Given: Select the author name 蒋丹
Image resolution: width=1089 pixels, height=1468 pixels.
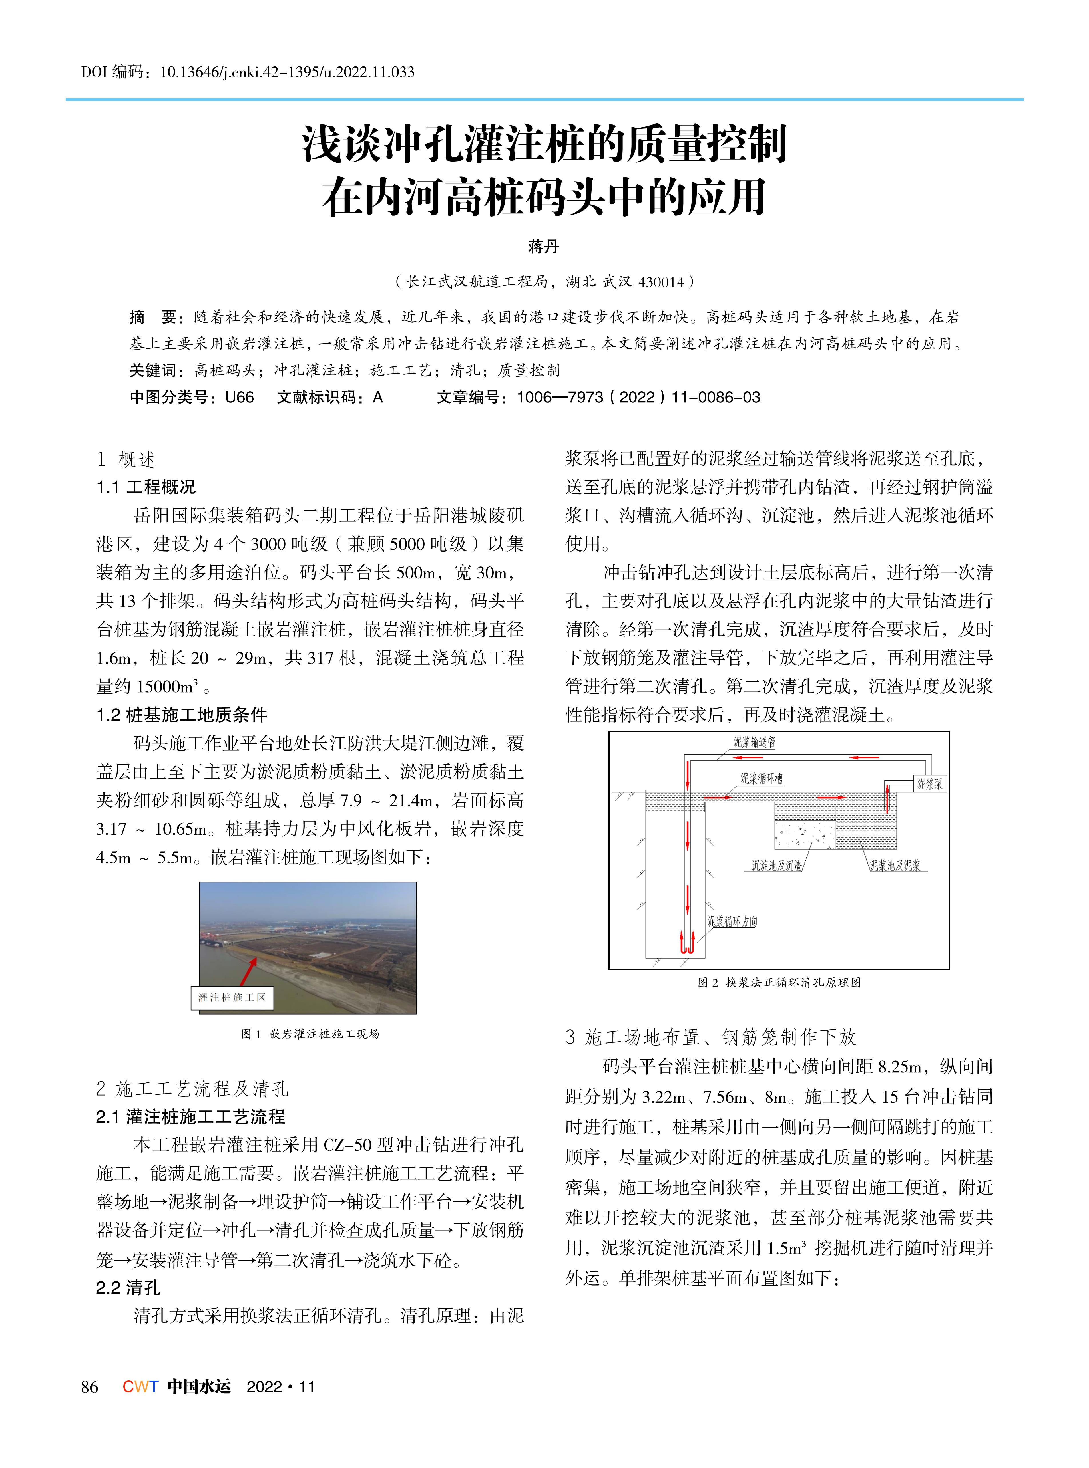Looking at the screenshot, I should tap(544, 247).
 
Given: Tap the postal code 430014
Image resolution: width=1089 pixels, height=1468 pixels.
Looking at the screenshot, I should tap(662, 282).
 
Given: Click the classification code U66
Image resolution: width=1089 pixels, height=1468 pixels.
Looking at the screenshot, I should tap(239, 397).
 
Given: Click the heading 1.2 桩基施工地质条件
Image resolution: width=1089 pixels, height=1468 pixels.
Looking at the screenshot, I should tap(182, 715).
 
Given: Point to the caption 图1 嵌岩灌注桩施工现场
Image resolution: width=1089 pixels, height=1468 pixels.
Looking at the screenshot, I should tap(310, 1034).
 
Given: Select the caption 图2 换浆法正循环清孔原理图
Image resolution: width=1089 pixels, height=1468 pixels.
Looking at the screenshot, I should tap(779, 983).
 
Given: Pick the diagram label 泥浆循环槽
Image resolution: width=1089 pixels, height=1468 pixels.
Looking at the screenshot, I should tap(761, 779).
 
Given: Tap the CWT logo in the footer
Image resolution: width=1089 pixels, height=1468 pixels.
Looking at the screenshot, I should tap(140, 1387).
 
